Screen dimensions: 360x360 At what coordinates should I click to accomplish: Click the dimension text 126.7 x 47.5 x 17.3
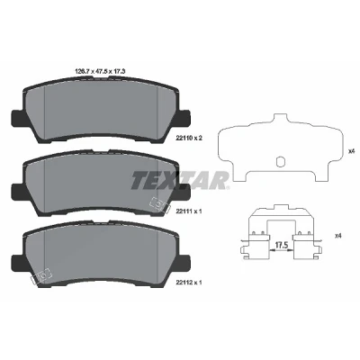[99, 71]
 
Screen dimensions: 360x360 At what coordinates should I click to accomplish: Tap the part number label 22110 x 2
[189, 139]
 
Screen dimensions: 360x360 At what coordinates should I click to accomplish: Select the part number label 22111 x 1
[189, 211]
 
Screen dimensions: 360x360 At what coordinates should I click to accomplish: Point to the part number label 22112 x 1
[189, 283]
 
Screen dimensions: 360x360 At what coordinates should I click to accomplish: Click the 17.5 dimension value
[282, 245]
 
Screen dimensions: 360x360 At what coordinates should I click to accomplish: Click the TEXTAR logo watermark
[180, 180]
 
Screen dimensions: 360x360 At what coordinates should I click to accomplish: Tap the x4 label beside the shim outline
[351, 151]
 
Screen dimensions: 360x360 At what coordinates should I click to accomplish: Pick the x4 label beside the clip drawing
[338, 236]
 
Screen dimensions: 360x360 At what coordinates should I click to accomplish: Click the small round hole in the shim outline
[280, 161]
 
